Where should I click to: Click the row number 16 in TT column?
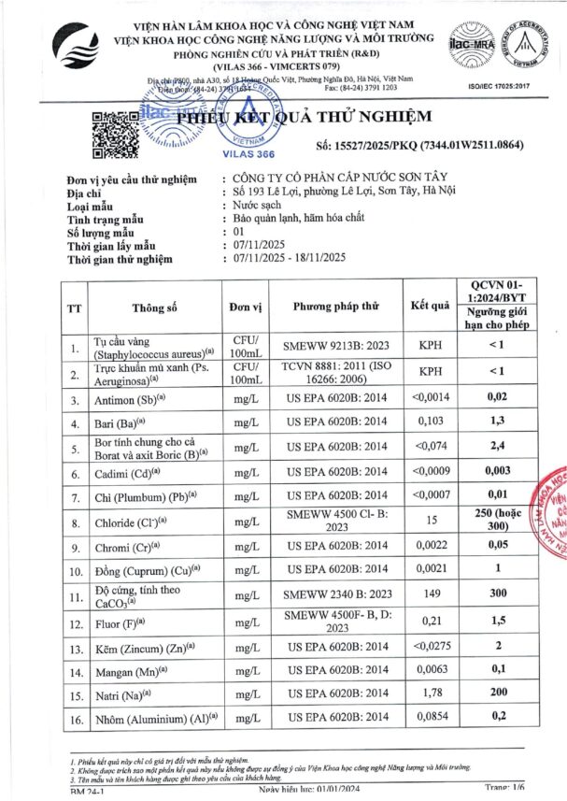(x=74, y=720)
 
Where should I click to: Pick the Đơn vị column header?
(x=247, y=306)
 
